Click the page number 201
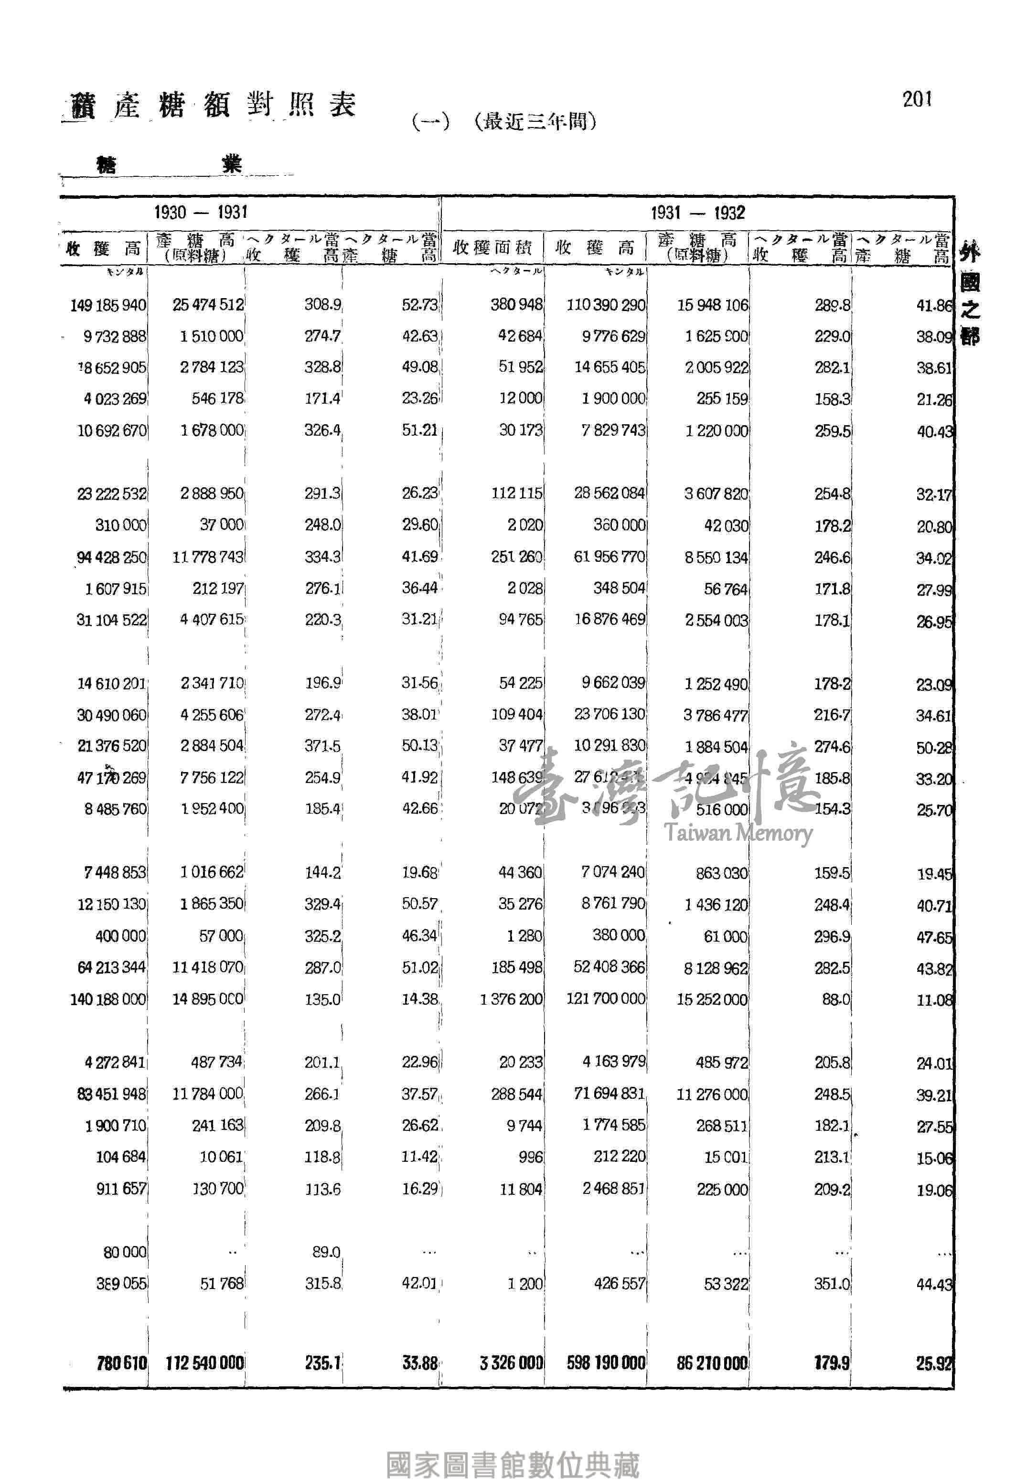point(917,100)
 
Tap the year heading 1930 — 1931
point(200,213)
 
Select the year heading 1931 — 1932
point(697,213)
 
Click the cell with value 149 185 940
point(108,305)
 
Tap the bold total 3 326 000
point(511,1363)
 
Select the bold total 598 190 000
point(606,1363)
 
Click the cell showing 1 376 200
point(511,999)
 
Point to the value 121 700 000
point(606,999)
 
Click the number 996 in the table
point(530,1157)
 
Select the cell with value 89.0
point(326,1252)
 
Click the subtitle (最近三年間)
point(535,121)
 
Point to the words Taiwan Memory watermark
point(738,834)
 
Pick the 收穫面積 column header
point(492,248)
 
